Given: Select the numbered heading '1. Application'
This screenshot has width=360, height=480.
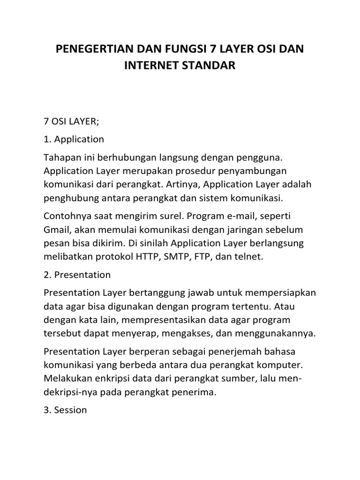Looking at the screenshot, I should (x=74, y=139).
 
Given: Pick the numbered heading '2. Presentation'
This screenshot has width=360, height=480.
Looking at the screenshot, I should (x=77, y=275).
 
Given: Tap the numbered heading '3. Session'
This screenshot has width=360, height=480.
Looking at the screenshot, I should (x=65, y=410).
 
